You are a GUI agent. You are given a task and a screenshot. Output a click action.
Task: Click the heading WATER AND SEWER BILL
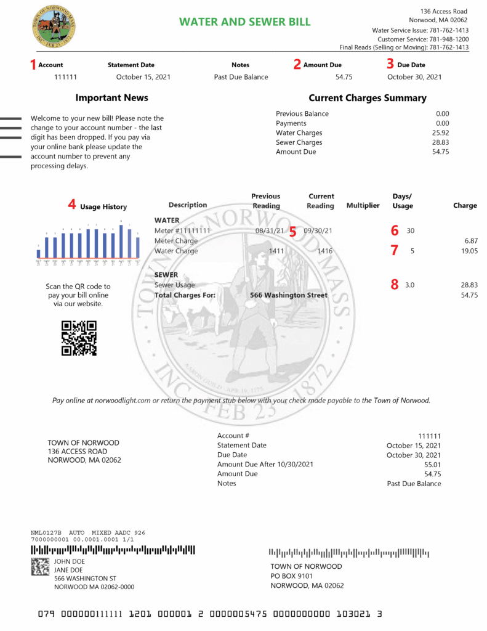coord(244,22)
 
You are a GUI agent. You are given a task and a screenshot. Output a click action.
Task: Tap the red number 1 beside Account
coord(33,63)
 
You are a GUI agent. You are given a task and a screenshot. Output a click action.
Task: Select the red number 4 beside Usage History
coord(72,205)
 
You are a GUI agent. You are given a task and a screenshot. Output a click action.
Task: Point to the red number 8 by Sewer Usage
coord(394,285)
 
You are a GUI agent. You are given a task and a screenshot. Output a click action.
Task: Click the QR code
coord(79,338)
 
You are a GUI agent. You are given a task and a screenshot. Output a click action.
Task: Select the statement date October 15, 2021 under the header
coord(143,77)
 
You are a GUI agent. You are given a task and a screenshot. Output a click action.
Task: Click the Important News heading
coord(111,98)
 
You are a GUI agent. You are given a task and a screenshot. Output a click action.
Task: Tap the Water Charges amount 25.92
coord(440,132)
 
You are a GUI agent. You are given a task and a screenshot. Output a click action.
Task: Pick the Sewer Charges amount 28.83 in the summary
coord(440,142)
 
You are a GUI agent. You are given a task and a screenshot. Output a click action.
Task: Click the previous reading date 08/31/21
coord(270,230)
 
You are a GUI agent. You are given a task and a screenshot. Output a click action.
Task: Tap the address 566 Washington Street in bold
coord(289,295)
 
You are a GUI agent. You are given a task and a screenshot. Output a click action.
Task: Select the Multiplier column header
coord(363,205)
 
